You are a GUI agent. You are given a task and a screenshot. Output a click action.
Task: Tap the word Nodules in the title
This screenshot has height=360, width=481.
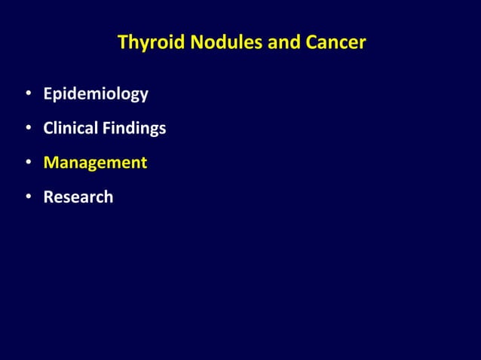coord(213,43)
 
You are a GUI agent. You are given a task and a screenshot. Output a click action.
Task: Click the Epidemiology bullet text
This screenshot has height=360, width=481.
coord(95,95)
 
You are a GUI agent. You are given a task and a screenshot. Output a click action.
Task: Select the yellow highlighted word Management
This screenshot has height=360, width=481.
coord(95,163)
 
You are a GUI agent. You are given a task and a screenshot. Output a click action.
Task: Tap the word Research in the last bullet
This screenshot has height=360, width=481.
coord(78,197)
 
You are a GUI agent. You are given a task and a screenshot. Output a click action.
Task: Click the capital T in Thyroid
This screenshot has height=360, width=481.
coord(122,43)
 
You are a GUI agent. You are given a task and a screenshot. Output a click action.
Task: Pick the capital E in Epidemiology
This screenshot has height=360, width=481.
coord(48,94)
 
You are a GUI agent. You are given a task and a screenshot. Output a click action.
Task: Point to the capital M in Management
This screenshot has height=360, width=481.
coord(51,163)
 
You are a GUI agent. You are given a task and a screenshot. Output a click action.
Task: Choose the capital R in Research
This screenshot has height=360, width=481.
coord(48,197)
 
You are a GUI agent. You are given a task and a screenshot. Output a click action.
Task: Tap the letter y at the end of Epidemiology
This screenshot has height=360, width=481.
coord(143,96)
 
